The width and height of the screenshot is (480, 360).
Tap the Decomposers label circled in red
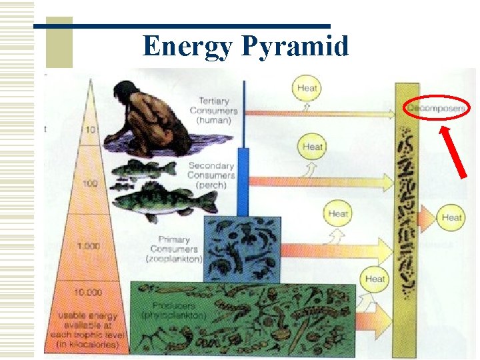click(436, 108)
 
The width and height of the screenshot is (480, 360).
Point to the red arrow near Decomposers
click(453, 153)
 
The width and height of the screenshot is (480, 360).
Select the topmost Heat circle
click(307, 87)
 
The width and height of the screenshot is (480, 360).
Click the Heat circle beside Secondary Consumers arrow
click(312, 146)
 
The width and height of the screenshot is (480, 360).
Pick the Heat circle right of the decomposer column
click(451, 217)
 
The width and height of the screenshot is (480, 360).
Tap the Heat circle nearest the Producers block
click(375, 279)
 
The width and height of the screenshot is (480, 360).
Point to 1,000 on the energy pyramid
click(89, 246)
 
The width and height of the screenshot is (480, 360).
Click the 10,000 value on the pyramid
click(89, 292)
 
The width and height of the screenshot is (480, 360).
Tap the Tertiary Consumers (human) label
click(213, 111)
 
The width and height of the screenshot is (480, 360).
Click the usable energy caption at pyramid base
click(88, 329)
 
